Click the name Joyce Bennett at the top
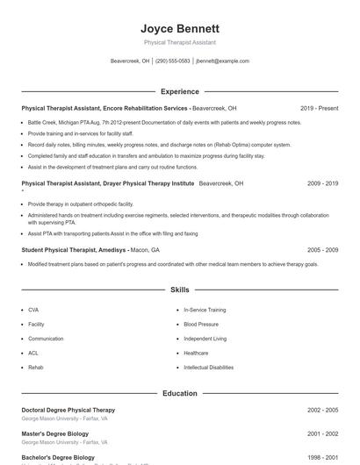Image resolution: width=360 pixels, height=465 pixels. click(180, 28)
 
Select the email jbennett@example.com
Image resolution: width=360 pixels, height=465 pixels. click(223, 61)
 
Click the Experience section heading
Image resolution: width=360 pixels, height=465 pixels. click(180, 91)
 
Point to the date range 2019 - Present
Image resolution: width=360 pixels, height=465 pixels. click(319, 108)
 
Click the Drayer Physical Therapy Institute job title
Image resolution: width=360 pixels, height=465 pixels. click(108, 184)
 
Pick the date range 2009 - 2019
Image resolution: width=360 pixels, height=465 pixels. click(322, 184)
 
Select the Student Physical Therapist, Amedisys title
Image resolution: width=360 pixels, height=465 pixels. click(74, 250)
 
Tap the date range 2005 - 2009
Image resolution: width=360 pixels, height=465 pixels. click(322, 250)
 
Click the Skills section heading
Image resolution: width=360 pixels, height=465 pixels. click(180, 289)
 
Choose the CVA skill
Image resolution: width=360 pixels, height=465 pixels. click(33, 310)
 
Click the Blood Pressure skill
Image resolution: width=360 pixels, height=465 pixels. click(201, 324)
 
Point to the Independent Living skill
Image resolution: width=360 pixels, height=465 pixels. click(205, 339)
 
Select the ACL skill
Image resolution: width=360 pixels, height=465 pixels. click(33, 353)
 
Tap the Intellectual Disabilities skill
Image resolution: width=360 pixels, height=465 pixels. click(208, 367)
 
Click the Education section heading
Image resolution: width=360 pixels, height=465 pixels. click(180, 393)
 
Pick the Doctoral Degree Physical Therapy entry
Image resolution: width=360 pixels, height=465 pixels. click(68, 410)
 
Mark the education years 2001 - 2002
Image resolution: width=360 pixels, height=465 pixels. click(322, 433)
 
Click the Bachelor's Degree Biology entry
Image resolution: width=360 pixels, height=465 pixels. click(58, 457)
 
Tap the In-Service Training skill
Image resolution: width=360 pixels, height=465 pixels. click(205, 310)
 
